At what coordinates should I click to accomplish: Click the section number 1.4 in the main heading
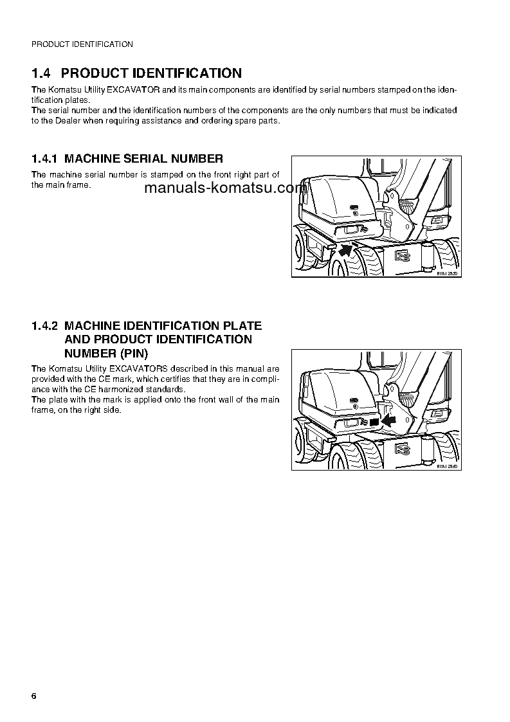click(x=42, y=73)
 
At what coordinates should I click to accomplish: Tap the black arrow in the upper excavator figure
click(x=347, y=249)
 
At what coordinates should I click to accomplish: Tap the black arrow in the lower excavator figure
click(x=388, y=420)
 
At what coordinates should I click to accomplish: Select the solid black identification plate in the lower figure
click(x=374, y=421)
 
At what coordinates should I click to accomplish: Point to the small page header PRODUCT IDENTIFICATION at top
click(x=82, y=44)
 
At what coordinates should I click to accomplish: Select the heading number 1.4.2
click(x=44, y=327)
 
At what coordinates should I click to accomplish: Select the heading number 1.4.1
click(x=44, y=158)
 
